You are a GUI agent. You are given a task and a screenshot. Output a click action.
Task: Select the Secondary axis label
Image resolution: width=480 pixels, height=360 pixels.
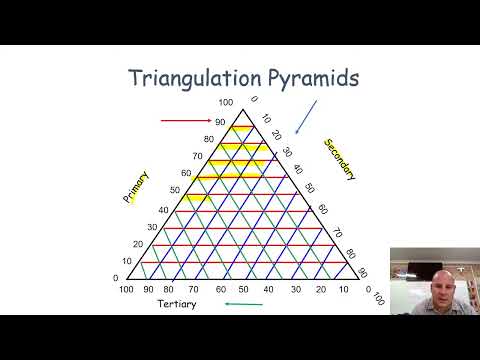coord(339,159)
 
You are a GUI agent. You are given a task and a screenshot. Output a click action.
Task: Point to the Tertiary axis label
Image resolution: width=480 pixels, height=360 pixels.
coord(177,303)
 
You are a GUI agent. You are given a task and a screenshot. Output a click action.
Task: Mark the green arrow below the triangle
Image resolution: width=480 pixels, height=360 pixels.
coord(243,303)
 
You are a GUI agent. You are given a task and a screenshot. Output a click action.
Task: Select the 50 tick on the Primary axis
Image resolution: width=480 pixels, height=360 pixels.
coord(175,190)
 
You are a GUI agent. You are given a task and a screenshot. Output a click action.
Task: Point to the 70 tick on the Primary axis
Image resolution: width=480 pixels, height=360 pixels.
coord(197,156)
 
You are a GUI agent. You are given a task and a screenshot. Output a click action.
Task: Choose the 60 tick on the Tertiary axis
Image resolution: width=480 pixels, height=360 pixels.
coord(219,289)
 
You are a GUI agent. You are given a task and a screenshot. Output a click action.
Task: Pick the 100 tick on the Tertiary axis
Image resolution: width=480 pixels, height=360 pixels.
coord(126,289)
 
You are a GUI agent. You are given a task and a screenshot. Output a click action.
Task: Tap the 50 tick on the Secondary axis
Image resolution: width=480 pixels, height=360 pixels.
coord(310,187)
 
